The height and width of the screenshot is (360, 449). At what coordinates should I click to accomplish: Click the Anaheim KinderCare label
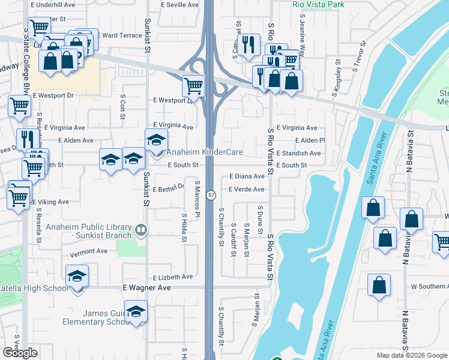click(205, 152)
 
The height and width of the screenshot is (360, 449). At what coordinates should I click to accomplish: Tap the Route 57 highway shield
click(211, 195)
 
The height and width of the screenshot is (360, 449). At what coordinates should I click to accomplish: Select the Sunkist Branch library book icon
click(140, 230)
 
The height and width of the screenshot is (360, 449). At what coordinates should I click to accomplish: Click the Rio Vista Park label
click(319, 4)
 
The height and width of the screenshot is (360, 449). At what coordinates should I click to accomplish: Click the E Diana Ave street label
click(247, 176)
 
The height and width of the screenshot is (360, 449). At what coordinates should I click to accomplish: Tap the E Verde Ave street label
click(246, 190)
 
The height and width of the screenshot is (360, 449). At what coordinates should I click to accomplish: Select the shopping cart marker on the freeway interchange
click(193, 85)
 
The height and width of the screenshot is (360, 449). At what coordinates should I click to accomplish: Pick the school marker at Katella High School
click(77, 277)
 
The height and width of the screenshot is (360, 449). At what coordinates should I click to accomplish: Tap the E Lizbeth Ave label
click(173, 277)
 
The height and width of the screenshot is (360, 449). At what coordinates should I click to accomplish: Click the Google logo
click(20, 353)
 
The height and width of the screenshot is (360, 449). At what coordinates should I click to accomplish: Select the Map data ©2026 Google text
click(412, 355)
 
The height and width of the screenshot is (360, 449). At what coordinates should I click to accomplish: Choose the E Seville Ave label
click(180, 5)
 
